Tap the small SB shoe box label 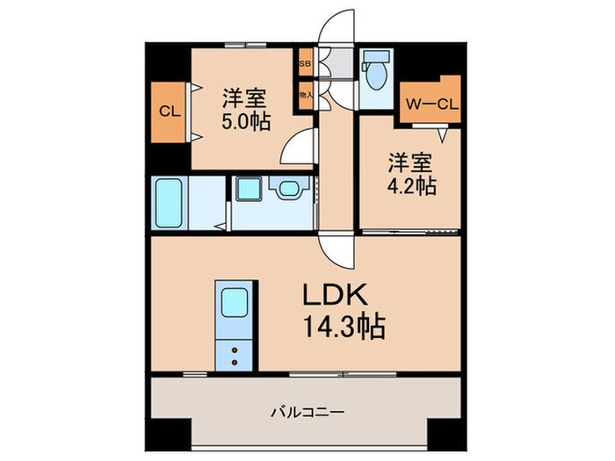tap(305, 64)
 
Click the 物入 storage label tap(305, 94)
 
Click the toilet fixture tap(376, 73)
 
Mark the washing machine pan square tap(246, 189)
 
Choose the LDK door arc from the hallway tap(336, 250)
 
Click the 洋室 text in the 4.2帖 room tap(410, 162)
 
